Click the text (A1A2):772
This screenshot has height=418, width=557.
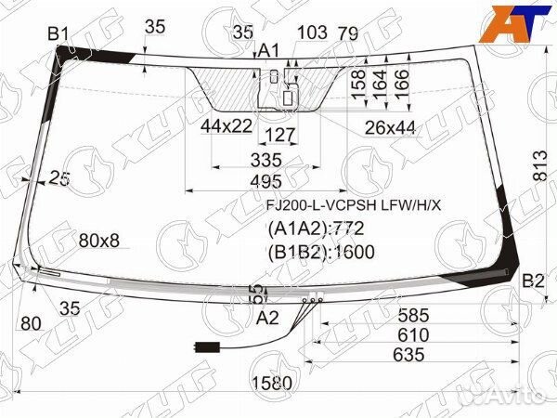point(315,229)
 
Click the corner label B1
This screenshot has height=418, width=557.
point(58,34)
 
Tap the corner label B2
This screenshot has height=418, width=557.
point(533,281)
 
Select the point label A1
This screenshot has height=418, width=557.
point(268,50)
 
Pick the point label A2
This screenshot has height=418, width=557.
point(267,319)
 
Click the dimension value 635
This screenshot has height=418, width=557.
point(408,355)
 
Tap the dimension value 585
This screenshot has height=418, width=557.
point(415,316)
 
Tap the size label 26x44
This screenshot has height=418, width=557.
point(390,125)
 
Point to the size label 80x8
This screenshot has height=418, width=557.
point(99,242)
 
